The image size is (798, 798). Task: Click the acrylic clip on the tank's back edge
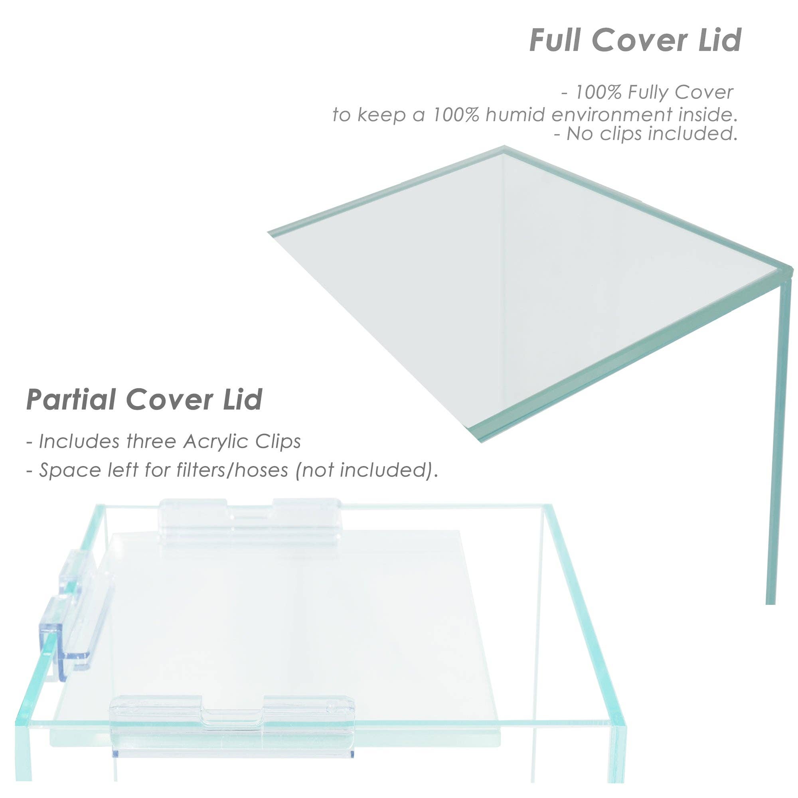[x=250, y=521]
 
